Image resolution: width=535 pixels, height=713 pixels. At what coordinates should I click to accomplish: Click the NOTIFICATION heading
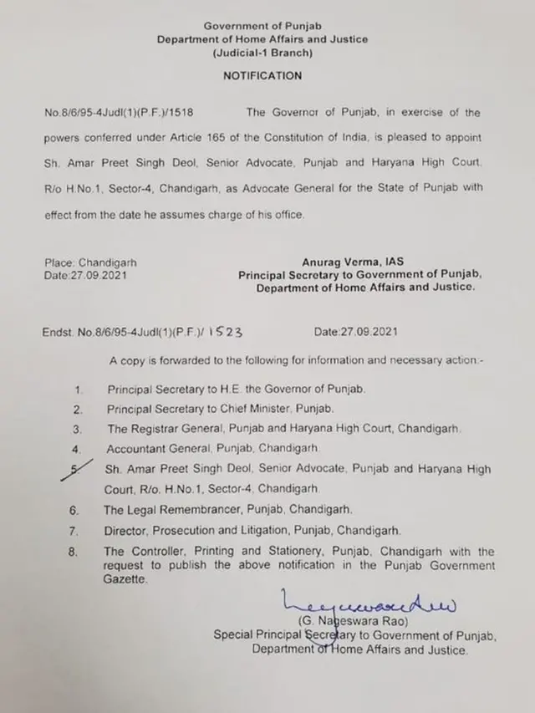(262, 75)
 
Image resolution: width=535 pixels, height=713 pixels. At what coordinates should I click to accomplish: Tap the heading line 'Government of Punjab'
(262, 26)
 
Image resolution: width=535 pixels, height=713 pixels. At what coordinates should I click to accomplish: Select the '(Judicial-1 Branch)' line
(262, 53)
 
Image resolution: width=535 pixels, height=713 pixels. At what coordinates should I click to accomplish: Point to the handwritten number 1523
(226, 331)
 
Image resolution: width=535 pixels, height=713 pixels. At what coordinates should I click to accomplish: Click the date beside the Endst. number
(356, 332)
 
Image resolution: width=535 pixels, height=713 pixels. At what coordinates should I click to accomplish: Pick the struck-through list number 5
(79, 469)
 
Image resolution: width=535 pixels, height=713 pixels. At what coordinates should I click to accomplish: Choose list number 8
(78, 552)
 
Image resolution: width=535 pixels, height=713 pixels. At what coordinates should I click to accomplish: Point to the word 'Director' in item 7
(127, 530)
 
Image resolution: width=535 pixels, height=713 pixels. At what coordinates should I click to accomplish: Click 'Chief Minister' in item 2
(252, 409)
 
